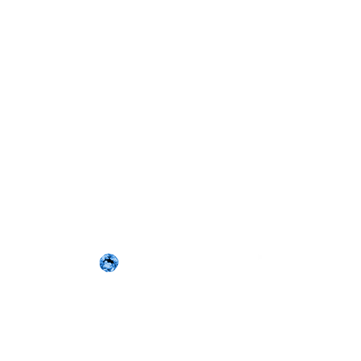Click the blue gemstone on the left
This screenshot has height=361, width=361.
[x=108, y=262]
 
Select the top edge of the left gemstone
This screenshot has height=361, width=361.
[x=108, y=253]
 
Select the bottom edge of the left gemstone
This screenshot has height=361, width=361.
[x=108, y=272]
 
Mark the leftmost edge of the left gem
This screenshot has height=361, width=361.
[x=99, y=262]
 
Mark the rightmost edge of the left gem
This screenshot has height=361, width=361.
[x=119, y=262]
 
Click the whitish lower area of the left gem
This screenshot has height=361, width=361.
[x=108, y=267]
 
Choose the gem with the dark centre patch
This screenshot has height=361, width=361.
[x=108, y=262]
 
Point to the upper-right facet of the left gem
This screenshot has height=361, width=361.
[x=113, y=258]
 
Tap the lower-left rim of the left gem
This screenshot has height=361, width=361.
[x=102, y=268]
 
